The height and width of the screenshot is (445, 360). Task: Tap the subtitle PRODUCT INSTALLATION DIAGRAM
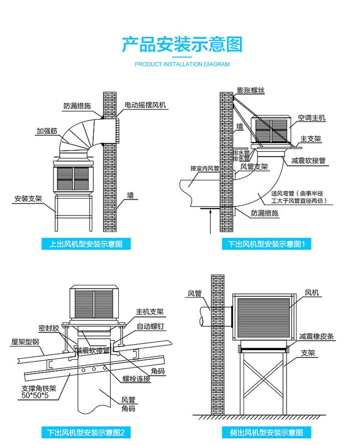point(182,64)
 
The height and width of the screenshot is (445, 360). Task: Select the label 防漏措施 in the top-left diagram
point(77,105)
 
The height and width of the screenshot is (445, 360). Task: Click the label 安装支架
point(28,198)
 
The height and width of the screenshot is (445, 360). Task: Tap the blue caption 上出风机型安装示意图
point(86,244)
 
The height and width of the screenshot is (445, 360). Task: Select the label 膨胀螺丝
point(251,90)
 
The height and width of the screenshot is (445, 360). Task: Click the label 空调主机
point(311,117)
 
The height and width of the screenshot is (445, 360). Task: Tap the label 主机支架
point(150,312)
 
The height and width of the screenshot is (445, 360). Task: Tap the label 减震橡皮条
point(316,336)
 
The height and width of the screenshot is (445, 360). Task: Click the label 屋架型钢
point(22,342)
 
